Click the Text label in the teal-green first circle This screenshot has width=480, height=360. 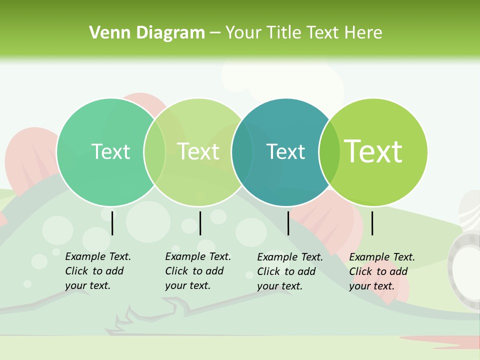tap(110, 151)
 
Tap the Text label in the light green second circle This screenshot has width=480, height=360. tap(198, 151)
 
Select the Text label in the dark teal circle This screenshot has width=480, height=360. tap(285, 151)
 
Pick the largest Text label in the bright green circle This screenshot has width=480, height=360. tap(373, 151)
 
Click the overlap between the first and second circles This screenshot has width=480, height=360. tap(154, 152)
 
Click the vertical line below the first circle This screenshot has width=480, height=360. tap(112, 223)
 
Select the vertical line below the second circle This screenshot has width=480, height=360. tap(200, 223)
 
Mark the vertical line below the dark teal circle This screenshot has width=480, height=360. tap(288, 223)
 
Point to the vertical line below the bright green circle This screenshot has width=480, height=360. tap(372, 223)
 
